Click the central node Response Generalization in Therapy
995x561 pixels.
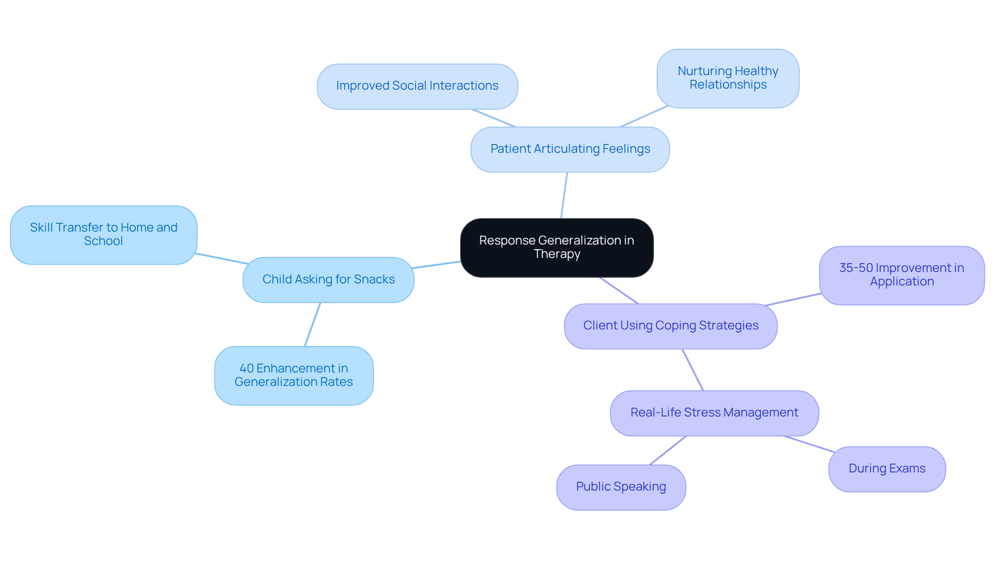(x=557, y=248)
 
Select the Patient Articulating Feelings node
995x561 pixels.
(x=570, y=149)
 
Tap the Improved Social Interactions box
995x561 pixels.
(x=417, y=86)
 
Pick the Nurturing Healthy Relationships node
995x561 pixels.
(x=728, y=78)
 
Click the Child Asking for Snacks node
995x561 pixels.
(x=328, y=280)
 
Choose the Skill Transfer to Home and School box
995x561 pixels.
(x=104, y=235)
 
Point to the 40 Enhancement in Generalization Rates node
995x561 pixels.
(x=294, y=375)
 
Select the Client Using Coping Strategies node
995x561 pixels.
(x=671, y=326)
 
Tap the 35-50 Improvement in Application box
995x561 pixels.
(x=902, y=275)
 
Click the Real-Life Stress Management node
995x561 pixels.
(x=714, y=413)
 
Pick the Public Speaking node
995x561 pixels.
(x=621, y=487)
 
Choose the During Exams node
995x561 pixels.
(x=887, y=469)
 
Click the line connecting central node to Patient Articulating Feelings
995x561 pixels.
(x=564, y=195)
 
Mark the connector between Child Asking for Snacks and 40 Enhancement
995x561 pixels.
(x=312, y=324)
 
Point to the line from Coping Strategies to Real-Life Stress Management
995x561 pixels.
(x=693, y=370)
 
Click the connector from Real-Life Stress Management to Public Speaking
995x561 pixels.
(x=668, y=450)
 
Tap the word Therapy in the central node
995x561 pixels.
(x=557, y=254)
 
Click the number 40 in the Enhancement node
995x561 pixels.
(x=247, y=368)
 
